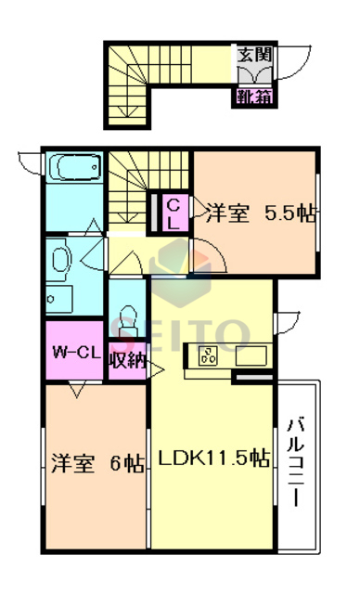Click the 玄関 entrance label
253,54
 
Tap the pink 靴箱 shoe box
253,96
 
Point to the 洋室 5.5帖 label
261,213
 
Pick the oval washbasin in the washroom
58,257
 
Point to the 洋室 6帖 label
96,461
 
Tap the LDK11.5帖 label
212,459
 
